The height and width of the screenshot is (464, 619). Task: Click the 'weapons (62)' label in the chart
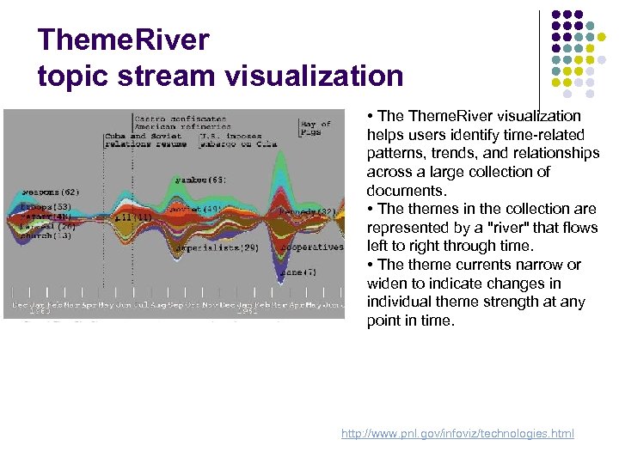tap(49, 192)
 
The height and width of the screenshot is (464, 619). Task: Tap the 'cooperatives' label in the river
tap(313, 247)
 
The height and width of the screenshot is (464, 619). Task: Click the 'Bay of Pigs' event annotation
tap(316, 129)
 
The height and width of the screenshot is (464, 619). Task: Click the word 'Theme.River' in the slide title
tap(123, 40)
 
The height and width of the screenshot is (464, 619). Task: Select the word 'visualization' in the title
tap(313, 76)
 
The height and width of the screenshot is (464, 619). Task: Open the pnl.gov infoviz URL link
tap(457, 434)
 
